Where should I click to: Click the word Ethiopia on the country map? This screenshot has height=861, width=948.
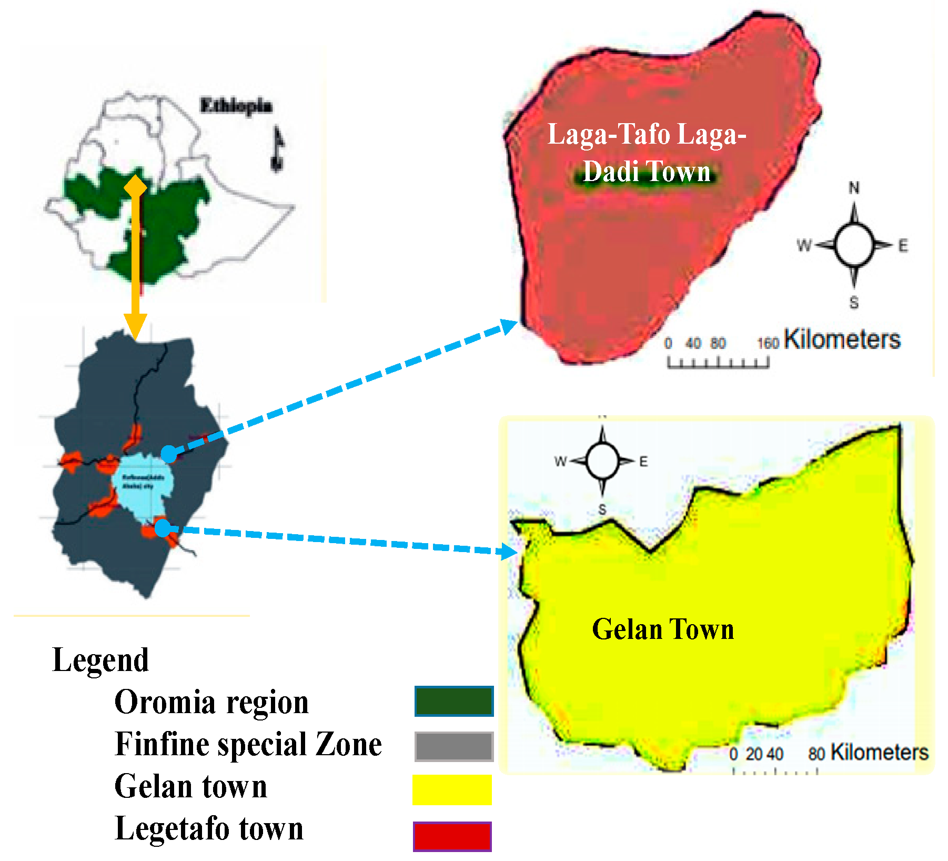tap(236, 106)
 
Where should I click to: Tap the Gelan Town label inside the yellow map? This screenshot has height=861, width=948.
tap(663, 629)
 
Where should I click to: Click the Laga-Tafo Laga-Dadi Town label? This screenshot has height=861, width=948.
tap(647, 153)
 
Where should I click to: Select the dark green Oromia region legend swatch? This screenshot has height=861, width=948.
tap(454, 701)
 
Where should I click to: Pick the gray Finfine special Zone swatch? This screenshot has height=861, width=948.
tap(454, 746)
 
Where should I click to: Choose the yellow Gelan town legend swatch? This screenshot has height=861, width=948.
tap(452, 789)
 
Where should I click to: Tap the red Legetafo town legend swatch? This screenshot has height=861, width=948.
tap(452, 836)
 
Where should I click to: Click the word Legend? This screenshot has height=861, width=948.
tap(100, 660)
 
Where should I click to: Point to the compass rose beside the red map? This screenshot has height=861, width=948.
tap(854, 245)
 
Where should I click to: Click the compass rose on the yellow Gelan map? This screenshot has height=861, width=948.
tap(602, 461)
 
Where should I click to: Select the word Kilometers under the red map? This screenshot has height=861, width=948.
tap(842, 339)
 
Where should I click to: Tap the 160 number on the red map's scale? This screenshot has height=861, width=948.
tap(768, 344)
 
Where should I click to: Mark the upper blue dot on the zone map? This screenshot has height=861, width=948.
tap(168, 454)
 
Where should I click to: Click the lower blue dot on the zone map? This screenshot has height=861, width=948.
tap(163, 528)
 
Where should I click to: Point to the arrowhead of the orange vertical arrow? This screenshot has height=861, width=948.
tap(135, 326)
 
